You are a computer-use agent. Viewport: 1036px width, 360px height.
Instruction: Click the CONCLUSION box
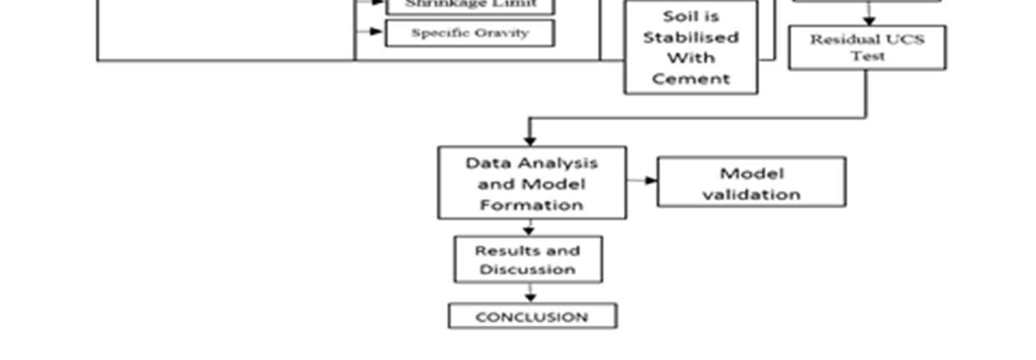click(532, 316)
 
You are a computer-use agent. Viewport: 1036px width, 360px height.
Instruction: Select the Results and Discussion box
click(528, 260)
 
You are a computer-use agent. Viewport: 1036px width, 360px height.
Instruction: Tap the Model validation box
click(751, 183)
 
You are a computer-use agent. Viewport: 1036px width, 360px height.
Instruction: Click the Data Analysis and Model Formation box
click(532, 183)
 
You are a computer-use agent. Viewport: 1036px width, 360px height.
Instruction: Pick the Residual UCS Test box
click(867, 48)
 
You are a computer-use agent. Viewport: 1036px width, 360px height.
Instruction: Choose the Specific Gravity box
click(469, 33)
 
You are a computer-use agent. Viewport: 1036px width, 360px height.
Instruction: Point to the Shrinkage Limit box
click(469, 5)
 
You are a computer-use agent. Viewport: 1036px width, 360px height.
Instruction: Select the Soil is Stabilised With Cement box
click(691, 48)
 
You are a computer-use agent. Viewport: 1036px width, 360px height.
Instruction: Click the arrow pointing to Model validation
click(651, 181)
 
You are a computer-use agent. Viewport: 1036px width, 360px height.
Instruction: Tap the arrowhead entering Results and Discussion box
click(529, 230)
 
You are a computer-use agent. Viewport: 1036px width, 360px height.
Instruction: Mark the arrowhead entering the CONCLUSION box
click(530, 298)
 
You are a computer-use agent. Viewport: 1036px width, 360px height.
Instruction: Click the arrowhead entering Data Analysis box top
click(530, 140)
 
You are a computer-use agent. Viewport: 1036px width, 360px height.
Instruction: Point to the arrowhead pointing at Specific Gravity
click(377, 32)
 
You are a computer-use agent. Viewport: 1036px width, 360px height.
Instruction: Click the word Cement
click(691, 79)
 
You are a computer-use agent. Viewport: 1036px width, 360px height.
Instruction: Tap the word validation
click(751, 194)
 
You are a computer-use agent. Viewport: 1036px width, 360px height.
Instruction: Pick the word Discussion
click(527, 269)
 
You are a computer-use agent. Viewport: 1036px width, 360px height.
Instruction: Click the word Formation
click(532, 205)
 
